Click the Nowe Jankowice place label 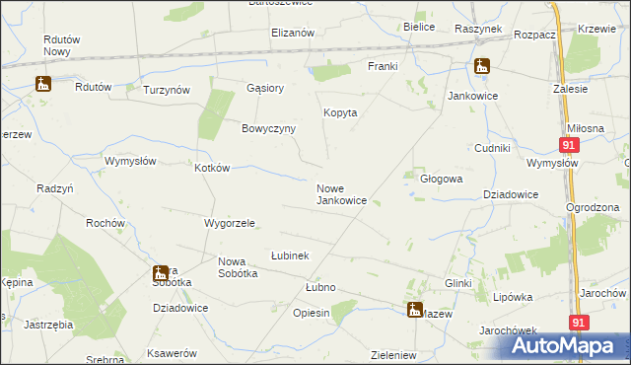341,193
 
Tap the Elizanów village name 293,33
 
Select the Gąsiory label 265,88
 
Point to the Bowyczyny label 269,128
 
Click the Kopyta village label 340,112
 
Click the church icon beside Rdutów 42,85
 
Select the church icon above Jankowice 481,68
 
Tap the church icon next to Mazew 414,310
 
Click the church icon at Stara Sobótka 161,273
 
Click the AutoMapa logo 556,346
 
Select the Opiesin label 312,312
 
